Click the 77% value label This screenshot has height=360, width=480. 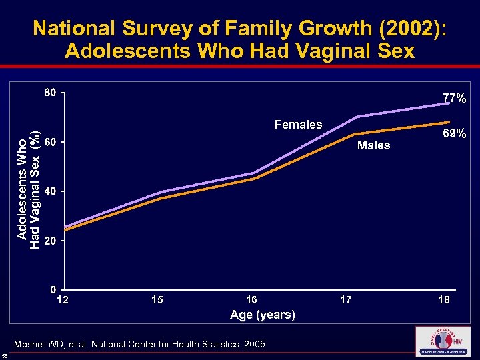point(455,99)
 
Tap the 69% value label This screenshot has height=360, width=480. point(455,134)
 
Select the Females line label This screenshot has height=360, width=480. point(298,125)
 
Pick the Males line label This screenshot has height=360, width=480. point(373,145)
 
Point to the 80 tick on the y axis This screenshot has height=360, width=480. point(50,93)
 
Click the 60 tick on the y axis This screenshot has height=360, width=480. point(50,142)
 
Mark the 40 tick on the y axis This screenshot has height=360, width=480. point(50,191)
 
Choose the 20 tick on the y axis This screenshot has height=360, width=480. point(50,241)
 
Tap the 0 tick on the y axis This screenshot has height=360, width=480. point(53,290)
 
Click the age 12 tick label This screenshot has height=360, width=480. point(63,301)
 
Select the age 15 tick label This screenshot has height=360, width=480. point(157,301)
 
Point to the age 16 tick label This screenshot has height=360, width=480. point(251,301)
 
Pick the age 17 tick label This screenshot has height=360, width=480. point(346,301)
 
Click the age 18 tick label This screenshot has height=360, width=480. point(443,301)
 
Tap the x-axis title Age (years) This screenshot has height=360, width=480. point(262,315)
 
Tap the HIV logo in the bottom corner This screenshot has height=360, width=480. point(442,342)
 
